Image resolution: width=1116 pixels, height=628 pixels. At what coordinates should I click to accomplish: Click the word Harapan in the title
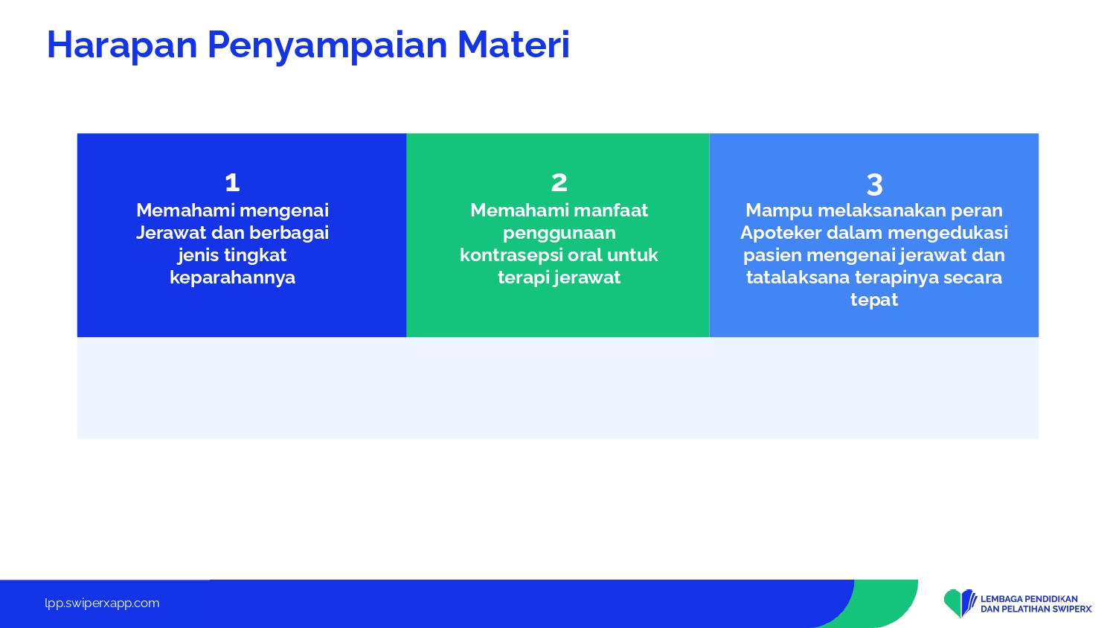coord(122,45)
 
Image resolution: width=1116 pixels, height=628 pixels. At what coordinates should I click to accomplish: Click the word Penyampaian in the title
coord(327,46)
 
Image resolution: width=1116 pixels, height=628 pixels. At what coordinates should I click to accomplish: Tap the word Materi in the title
coord(513,45)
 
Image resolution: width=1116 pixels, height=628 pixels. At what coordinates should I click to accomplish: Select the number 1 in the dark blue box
coord(232,182)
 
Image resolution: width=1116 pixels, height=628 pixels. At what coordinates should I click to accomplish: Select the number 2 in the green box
coord(559,182)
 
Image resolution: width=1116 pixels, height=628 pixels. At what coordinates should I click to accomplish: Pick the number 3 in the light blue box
coord(874,185)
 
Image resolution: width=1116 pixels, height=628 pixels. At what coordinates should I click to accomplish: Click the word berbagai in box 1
coord(289,233)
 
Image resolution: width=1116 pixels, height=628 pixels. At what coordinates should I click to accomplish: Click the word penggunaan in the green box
coord(559,233)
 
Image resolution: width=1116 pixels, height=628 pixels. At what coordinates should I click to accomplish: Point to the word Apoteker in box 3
coord(780,233)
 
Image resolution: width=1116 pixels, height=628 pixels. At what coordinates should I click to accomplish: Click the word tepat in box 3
coord(874,300)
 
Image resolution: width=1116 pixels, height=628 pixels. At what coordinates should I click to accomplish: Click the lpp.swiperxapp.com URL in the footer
coord(102,603)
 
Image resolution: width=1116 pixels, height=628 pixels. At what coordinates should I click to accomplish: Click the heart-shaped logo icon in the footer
coord(960,603)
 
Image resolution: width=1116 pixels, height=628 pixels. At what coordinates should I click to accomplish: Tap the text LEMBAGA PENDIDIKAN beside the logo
coord(1029,598)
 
